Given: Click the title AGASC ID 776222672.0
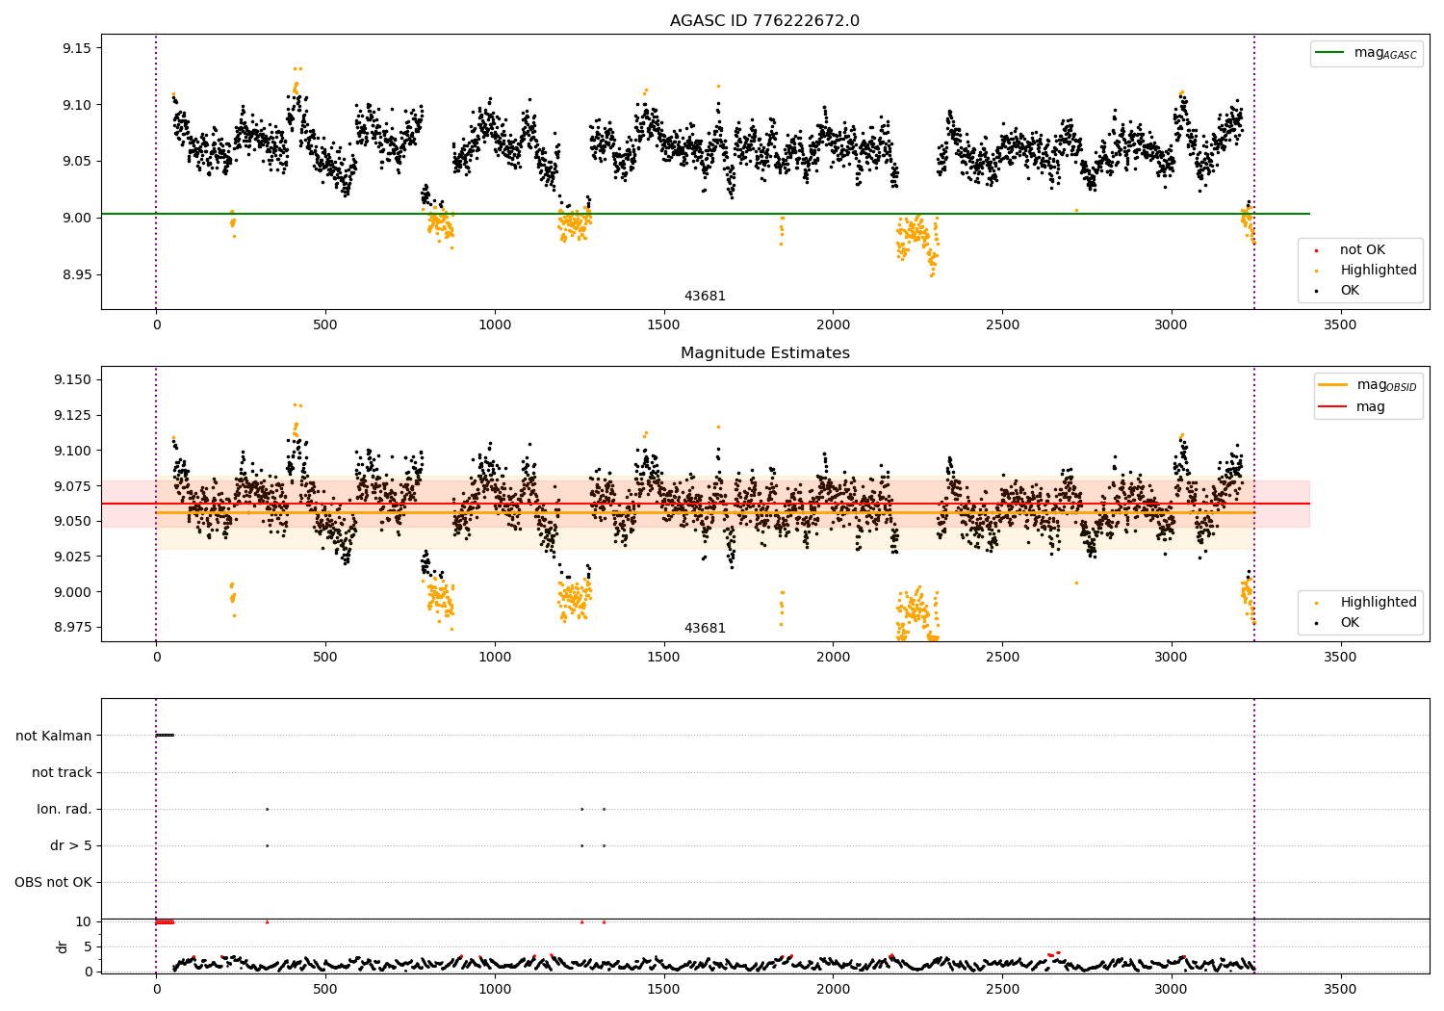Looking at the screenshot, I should point(764,21).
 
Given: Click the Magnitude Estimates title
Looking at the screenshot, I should point(764,353).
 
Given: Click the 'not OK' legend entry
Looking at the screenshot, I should point(1362,250).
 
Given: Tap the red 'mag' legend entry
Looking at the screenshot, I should point(1370,406).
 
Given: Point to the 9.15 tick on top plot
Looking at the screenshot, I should point(76,48).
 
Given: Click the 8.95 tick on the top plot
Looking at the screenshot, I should point(76,274).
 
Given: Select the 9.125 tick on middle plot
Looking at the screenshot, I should point(72,415).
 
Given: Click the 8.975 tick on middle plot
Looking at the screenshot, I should point(72,627).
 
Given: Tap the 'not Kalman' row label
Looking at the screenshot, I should point(54,736).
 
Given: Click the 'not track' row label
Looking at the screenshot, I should point(62,772).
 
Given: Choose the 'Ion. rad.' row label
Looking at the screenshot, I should point(64,809).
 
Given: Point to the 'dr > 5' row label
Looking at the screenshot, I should point(71,845).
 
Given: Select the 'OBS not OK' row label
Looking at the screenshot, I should point(53,882).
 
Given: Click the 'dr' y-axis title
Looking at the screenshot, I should point(63,946).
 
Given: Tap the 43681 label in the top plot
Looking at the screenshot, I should point(705,296).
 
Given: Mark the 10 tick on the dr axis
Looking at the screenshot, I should point(85,921).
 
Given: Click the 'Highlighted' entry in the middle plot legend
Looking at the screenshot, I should point(1378,603).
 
